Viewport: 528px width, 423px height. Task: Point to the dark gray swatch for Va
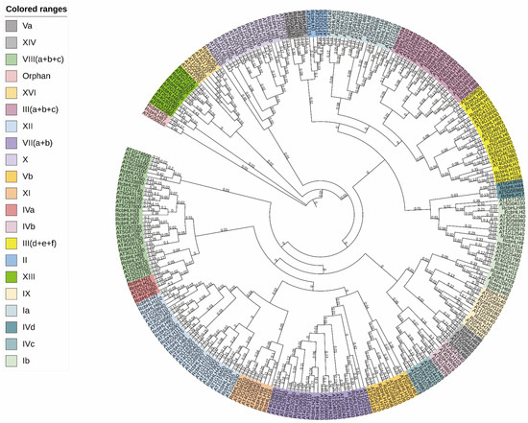click(12, 26)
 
